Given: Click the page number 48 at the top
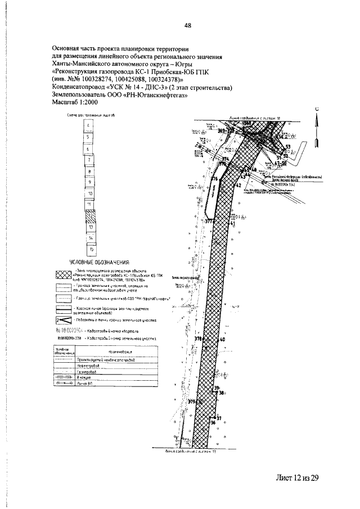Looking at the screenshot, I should click(x=188, y=24).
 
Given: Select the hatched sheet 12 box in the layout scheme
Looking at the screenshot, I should click(x=89, y=214).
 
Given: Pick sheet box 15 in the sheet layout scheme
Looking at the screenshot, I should click(x=90, y=249).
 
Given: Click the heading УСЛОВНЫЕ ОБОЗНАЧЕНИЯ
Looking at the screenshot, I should click(x=99, y=263).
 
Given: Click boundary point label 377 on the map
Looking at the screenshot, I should click(x=209, y=222).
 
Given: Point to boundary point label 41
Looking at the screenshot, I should click(x=232, y=223).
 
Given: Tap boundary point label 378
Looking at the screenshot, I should click(x=197, y=340).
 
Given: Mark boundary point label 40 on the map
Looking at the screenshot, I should click(x=222, y=340).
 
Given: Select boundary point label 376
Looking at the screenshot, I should click(x=214, y=179).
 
